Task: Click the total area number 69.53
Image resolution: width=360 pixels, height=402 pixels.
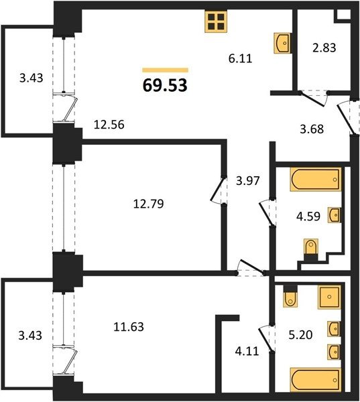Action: pos(165,85)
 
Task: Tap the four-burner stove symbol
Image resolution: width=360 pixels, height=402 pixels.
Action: pos(216,21)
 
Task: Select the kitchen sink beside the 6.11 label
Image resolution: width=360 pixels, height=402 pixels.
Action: pos(282,43)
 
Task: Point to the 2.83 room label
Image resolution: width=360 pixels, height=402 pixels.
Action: pos(324,48)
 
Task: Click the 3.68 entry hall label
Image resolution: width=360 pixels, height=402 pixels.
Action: pos(312,129)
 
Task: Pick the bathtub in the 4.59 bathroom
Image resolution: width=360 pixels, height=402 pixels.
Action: pos(316,179)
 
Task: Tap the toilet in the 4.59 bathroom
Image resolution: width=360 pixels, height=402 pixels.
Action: pos(311,250)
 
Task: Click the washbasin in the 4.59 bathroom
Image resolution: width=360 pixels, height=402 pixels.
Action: pos(334,215)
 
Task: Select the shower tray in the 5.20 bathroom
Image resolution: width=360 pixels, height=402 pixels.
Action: pos(329,297)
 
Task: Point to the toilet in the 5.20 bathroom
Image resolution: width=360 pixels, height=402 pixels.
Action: pos(290,296)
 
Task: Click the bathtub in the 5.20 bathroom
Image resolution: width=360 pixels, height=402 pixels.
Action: pos(316,380)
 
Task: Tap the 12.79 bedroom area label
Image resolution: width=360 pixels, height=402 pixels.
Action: pos(148,204)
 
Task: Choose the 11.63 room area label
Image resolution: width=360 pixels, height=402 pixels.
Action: pos(129,327)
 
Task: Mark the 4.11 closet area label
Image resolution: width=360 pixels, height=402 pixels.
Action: pos(247,350)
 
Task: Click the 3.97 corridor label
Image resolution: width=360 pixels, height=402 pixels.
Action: pos(248,181)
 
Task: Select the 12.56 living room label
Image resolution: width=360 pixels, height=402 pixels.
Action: pos(109,125)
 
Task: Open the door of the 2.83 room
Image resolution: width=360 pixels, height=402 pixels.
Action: pos(314,98)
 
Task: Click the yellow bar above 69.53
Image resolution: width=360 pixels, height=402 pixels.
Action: pos(166,70)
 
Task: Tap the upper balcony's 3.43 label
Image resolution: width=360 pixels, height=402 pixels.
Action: pos(31,78)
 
